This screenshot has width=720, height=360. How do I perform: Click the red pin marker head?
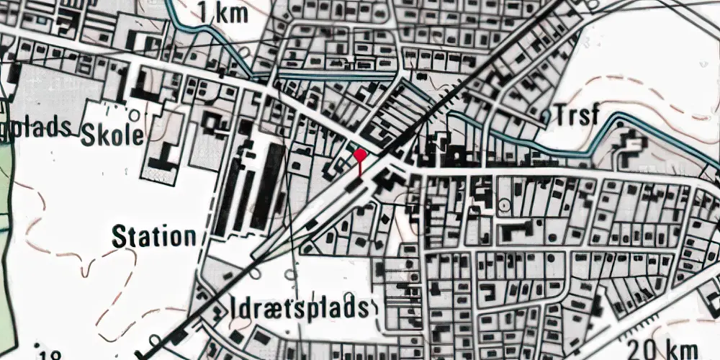point(360,153)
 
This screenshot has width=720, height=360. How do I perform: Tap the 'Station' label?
point(154,236)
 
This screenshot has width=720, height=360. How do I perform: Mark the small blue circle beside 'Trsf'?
point(545,115)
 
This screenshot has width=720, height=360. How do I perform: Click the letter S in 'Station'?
point(120,237)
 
